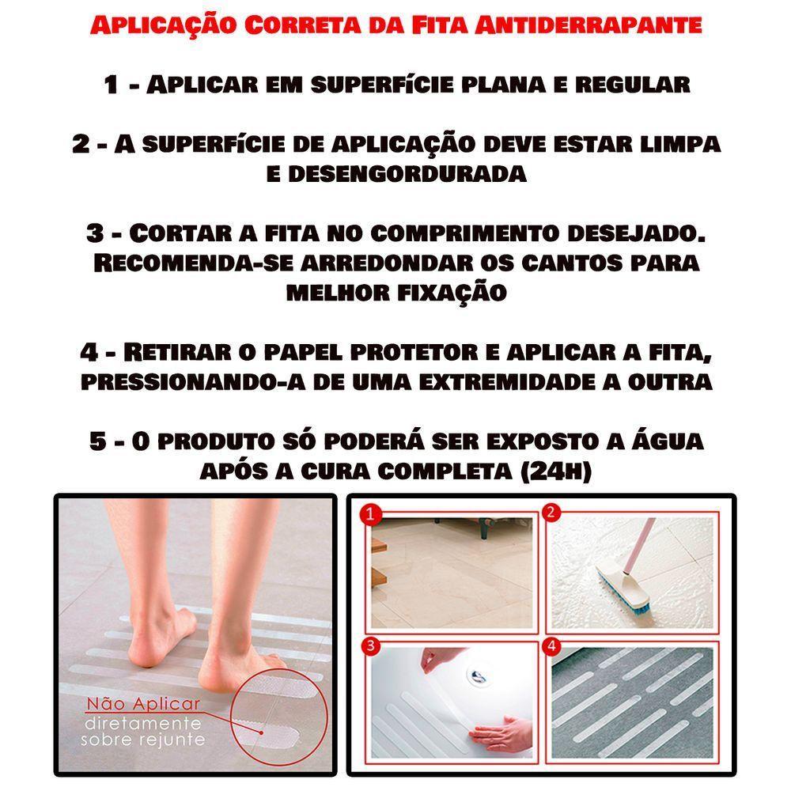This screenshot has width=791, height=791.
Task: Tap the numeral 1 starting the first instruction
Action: click(111, 85)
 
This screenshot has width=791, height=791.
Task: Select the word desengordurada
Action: click(396, 174)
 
